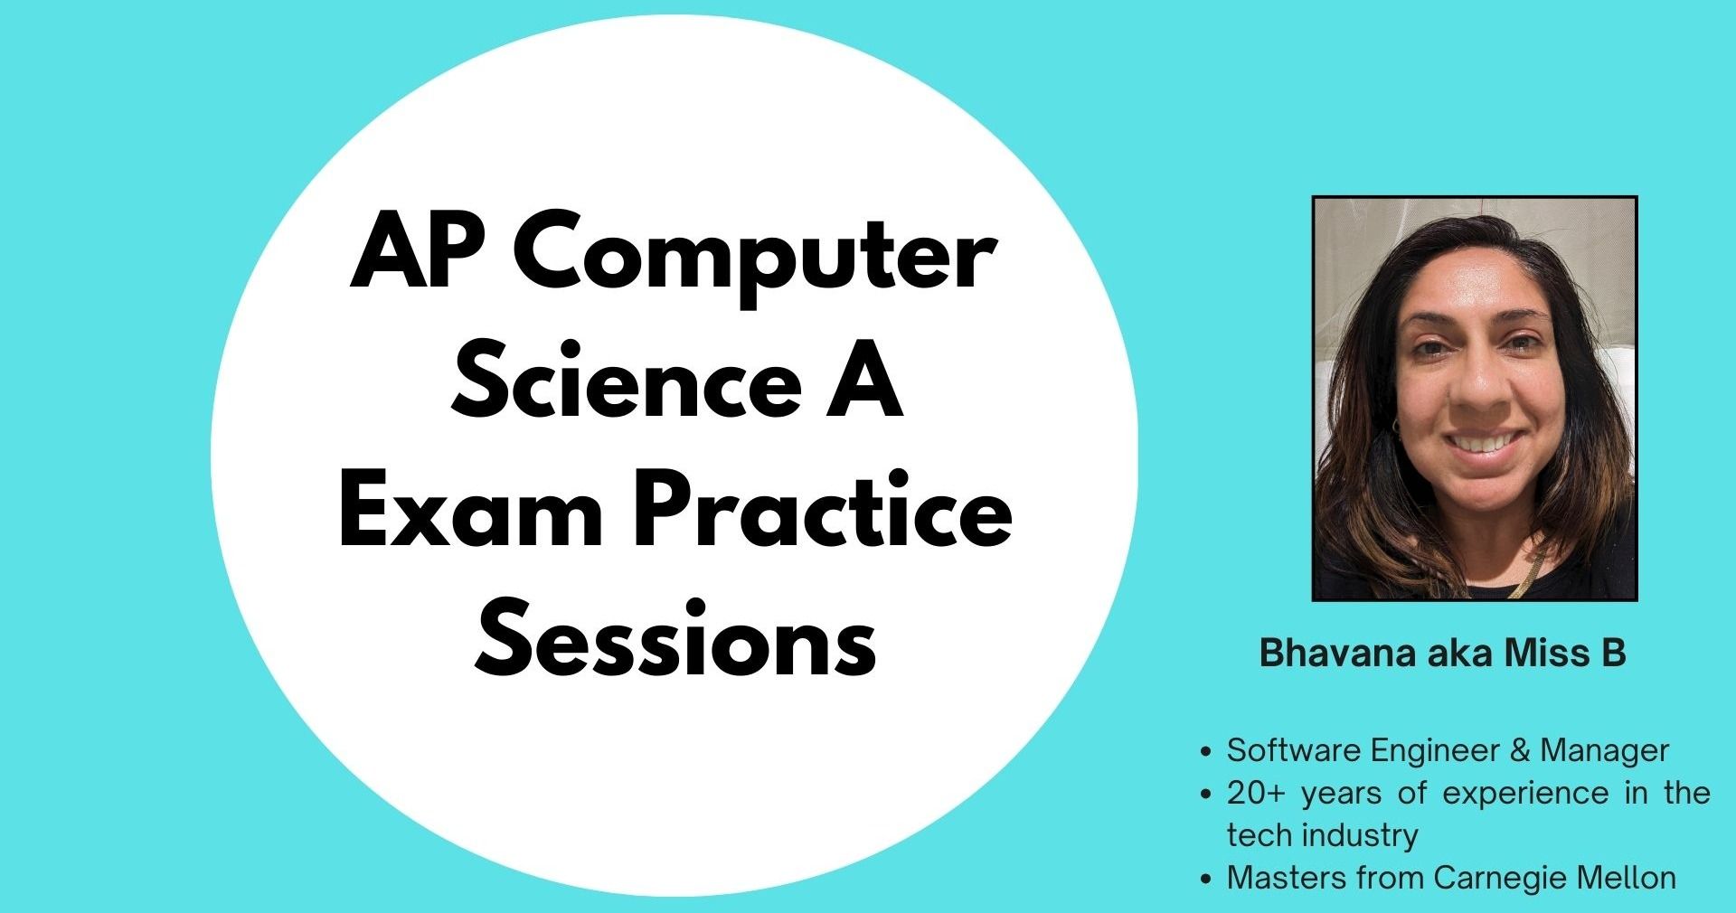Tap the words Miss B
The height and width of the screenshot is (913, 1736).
[x=1565, y=653]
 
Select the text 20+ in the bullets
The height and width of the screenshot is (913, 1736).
[x=1255, y=793]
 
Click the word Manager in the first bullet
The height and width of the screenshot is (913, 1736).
[x=1604, y=751]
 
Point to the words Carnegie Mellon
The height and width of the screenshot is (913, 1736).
[x=1554, y=878]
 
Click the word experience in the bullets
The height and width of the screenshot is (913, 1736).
[x=1525, y=794]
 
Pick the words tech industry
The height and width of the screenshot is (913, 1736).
[x=1322, y=835]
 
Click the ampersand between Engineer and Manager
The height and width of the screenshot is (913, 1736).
[x=1519, y=751]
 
